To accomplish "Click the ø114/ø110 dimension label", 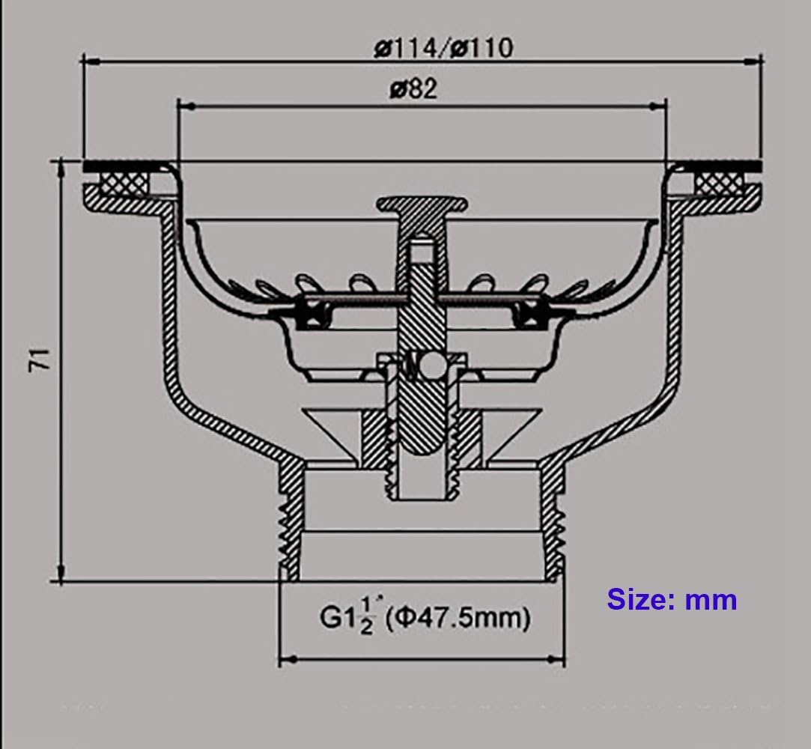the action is [x=443, y=48].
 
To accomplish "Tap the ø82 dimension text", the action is [x=413, y=89].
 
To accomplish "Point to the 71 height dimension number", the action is [x=40, y=359].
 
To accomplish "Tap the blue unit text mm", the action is [x=711, y=601].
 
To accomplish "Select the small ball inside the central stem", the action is [x=431, y=366].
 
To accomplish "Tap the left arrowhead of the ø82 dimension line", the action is [x=186, y=106].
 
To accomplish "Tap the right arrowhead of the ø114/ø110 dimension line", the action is [x=753, y=61].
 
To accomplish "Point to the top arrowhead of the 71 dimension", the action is [x=61, y=170].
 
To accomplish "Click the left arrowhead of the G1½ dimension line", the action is [x=288, y=660].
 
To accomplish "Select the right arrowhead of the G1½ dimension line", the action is [x=556, y=660].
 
